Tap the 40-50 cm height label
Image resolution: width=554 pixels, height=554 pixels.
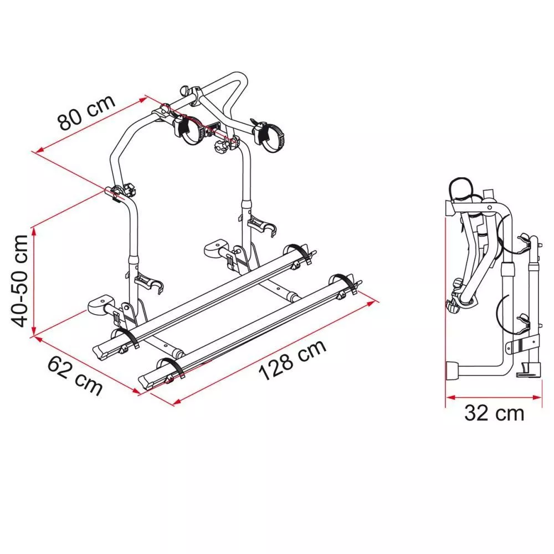[19, 281]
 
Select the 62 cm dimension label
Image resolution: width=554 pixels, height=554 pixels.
[75, 375]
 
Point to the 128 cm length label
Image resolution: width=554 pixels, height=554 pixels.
[293, 360]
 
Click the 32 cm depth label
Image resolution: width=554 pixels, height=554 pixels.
[494, 413]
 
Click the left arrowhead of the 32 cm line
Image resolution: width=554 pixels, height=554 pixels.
[450, 397]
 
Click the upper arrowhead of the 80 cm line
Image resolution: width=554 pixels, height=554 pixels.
[143, 99]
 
